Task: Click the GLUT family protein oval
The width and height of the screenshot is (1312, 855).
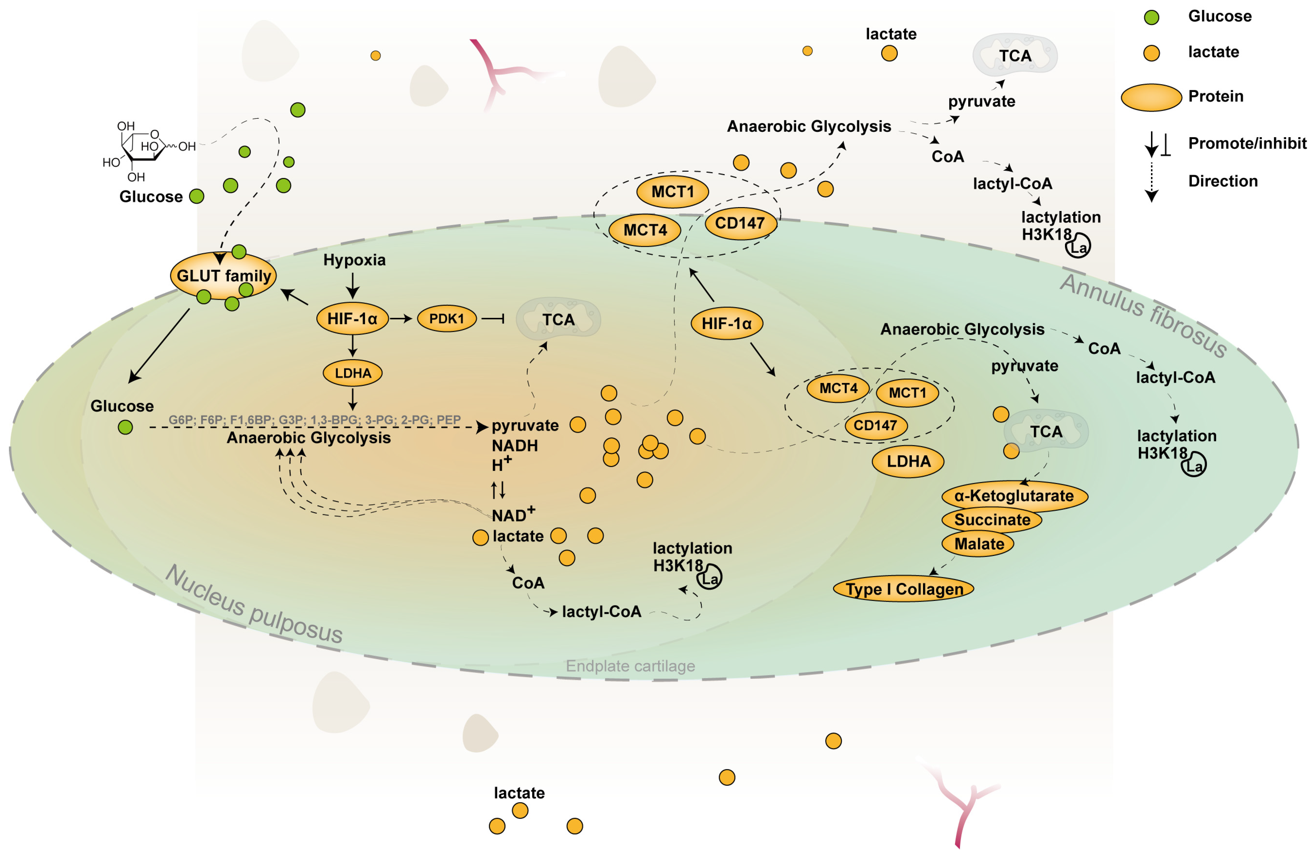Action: [223, 276]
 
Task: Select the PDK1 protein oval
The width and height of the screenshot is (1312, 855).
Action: [446, 319]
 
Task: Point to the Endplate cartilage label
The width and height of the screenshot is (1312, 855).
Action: [630, 666]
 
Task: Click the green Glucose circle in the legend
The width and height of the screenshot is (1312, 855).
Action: [1151, 17]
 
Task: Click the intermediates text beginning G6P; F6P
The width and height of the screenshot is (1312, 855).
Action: [314, 420]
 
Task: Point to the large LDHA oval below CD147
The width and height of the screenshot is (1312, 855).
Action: [908, 461]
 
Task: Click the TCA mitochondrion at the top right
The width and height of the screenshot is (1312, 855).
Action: [1014, 55]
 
